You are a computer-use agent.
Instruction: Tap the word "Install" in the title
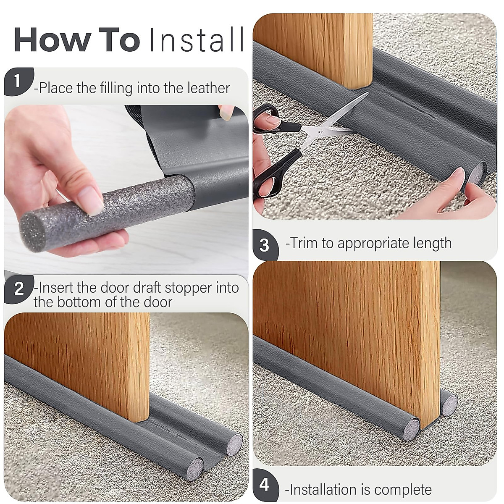pyautogui.click(x=196, y=40)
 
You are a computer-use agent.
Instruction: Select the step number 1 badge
pyautogui.click(x=17, y=80)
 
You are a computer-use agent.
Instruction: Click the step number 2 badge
pyautogui.click(x=18, y=289)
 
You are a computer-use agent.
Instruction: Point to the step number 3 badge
pyautogui.click(x=264, y=245)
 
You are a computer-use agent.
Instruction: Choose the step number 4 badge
pyautogui.click(x=264, y=485)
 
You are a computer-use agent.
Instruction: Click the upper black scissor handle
pyautogui.click(x=269, y=118)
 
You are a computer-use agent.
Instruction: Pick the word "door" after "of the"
pyautogui.click(x=157, y=302)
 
